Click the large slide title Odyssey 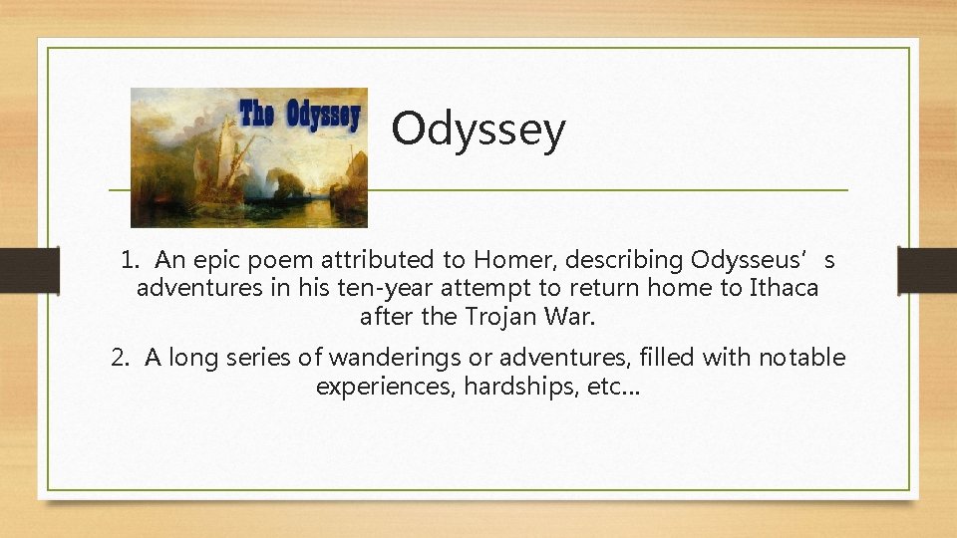click(x=478, y=130)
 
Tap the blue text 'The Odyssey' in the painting click(x=299, y=115)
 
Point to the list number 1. click(x=129, y=261)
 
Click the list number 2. click(x=121, y=358)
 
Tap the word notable click(x=802, y=358)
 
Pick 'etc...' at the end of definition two click(x=615, y=386)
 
